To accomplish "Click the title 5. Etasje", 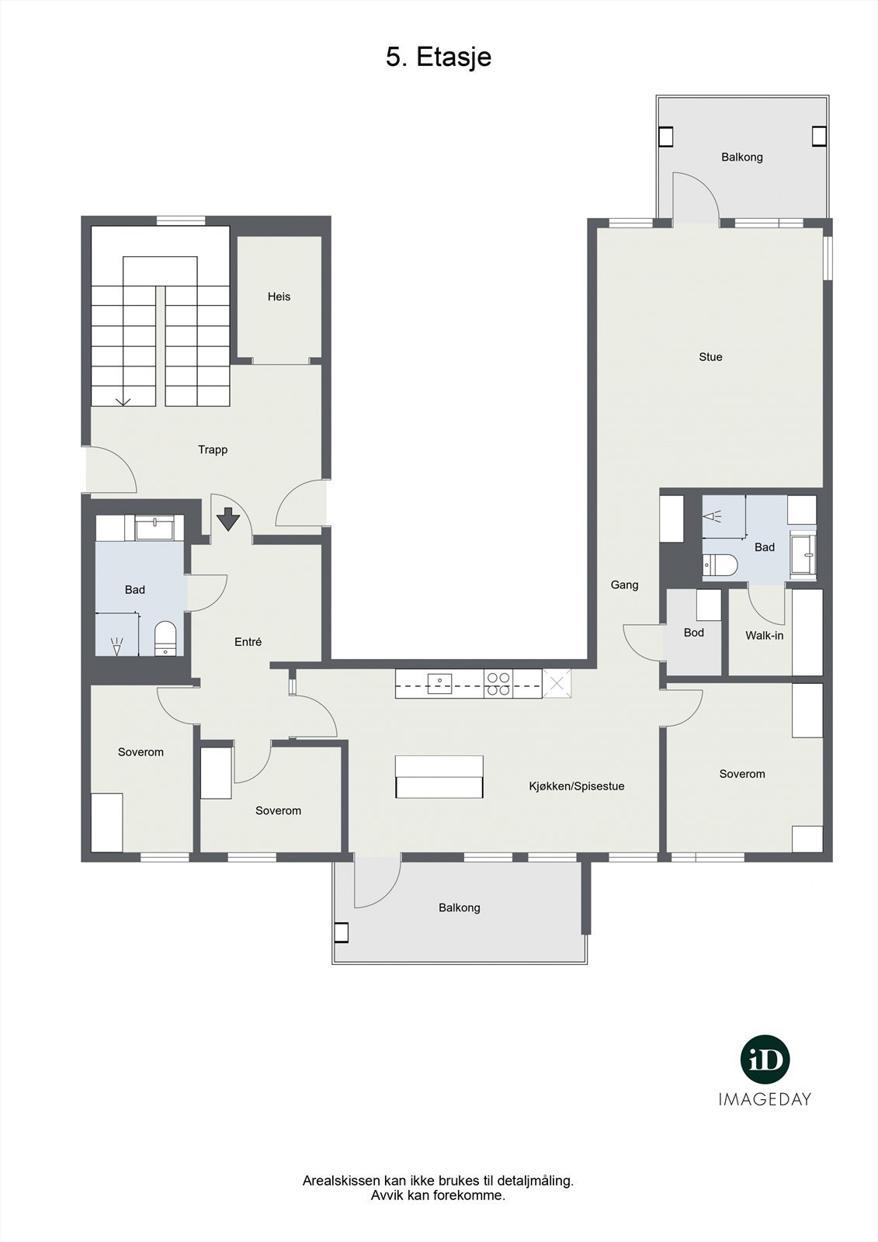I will [439, 57].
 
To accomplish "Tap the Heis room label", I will [279, 297].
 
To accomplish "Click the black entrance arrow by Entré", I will [227, 519].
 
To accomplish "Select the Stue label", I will [710, 357].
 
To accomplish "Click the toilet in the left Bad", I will [165, 639].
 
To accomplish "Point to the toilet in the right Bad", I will [720, 565].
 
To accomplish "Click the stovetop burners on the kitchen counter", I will [498, 683].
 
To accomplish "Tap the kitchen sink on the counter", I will [439, 682].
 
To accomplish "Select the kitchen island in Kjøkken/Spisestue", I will [439, 777].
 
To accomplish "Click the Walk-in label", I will [764, 636].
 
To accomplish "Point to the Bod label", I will [693, 633].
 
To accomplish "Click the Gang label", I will [624, 585].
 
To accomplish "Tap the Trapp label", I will [213, 449].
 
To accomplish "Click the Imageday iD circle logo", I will [765, 1060].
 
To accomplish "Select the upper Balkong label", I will [741, 157].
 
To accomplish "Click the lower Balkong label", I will [459, 907].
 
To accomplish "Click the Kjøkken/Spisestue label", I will [576, 786].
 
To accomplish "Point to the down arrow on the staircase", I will [122, 401].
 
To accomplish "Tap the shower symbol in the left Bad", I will [117, 643].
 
